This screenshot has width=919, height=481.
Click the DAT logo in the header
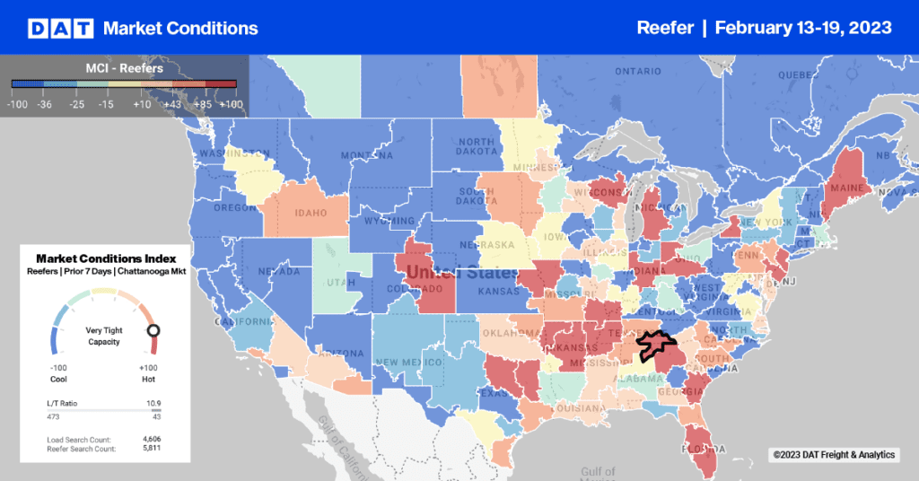click(60, 28)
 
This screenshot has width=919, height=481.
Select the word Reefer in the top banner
click(665, 28)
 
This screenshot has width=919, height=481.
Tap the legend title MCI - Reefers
click(124, 68)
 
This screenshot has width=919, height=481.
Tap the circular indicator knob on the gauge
click(153, 330)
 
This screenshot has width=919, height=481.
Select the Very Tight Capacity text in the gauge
click(103, 336)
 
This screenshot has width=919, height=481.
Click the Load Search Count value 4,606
click(150, 439)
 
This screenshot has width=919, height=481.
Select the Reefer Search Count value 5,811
click(150, 447)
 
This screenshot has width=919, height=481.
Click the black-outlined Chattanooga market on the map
click(656, 345)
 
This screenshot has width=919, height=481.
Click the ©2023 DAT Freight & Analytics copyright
click(835, 455)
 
